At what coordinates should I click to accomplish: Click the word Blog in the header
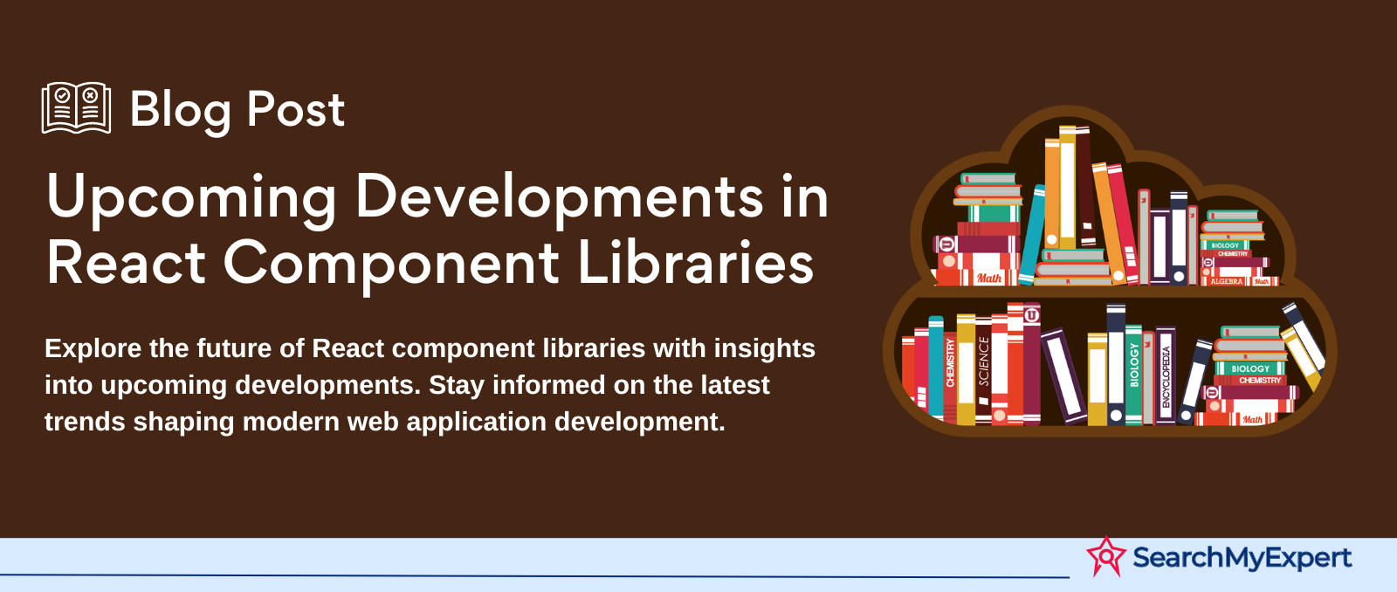point(180,110)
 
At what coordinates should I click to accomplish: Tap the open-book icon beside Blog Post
point(76,108)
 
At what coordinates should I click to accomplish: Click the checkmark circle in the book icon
point(62,95)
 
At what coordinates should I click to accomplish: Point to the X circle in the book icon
point(91,95)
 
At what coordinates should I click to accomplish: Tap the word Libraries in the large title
point(695,263)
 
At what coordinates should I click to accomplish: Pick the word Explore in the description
point(93,348)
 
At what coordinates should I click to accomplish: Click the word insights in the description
point(765,348)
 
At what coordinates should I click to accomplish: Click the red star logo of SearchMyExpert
point(1105,556)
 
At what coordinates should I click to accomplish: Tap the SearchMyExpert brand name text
point(1242,558)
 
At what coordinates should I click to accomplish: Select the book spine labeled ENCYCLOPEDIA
point(1166,376)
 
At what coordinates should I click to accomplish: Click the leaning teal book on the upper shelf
point(1032,235)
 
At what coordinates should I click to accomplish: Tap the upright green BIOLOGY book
point(1134,375)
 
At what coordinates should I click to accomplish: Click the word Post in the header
point(296,110)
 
